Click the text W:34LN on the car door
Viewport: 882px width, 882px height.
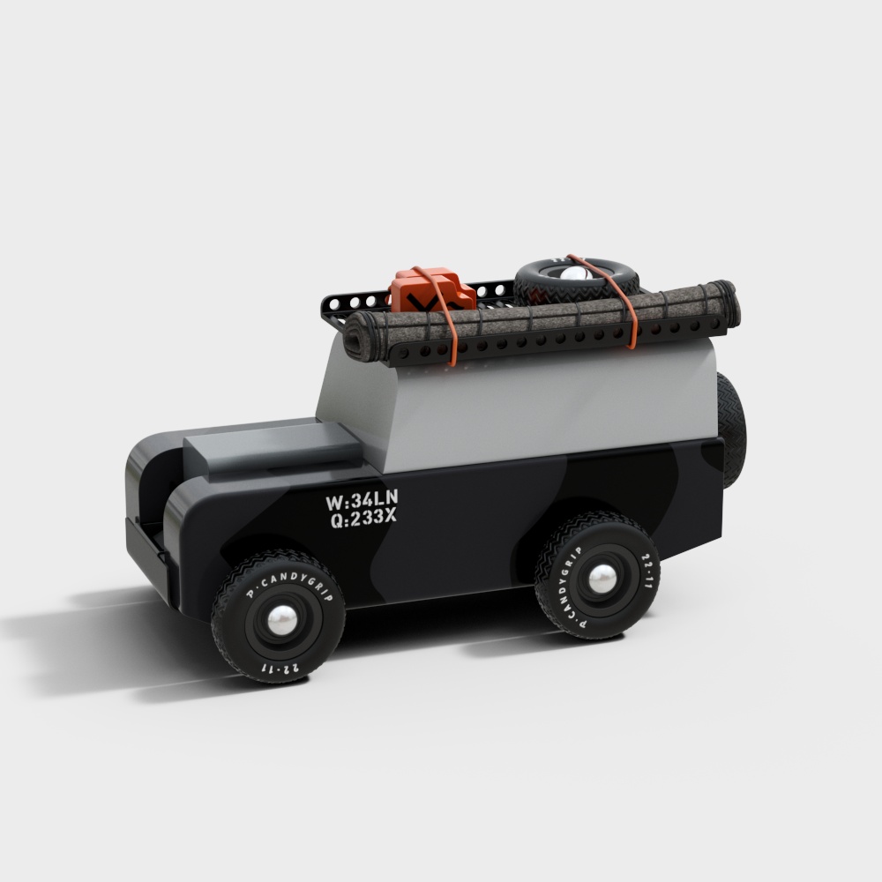362,501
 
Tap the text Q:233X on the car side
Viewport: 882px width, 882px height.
363,519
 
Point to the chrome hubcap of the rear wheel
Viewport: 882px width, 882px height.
602,578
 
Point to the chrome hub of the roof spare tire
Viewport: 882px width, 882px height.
575,273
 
